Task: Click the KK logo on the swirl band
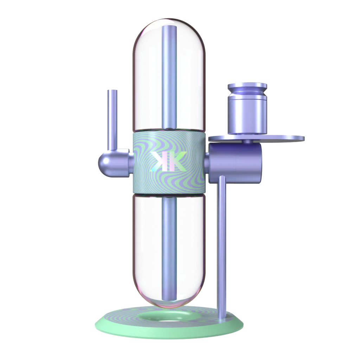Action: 167,162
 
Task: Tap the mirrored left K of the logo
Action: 159,162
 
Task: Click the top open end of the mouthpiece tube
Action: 112,91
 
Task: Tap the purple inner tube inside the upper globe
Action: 169,77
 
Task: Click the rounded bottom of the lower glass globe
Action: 169,302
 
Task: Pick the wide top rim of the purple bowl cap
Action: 247,86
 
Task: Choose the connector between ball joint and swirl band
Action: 127,162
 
